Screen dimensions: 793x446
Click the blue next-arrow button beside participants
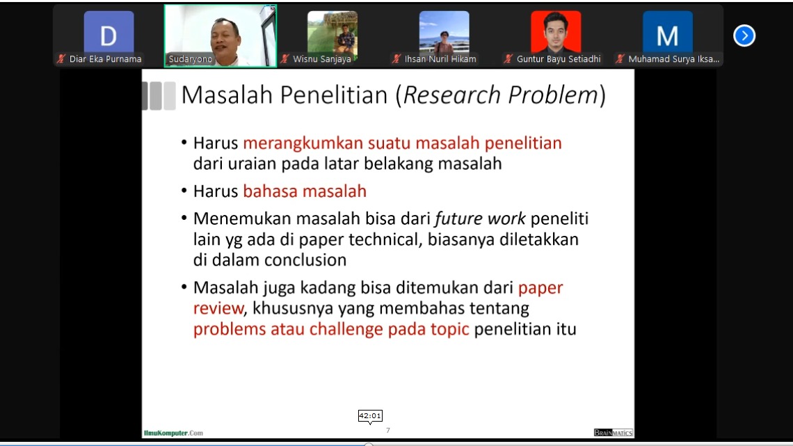(744, 35)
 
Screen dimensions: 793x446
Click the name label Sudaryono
(190, 58)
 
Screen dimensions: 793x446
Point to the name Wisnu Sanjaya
(321, 59)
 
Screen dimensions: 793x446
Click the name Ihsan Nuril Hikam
(440, 59)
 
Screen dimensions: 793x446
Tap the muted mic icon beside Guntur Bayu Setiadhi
(508, 59)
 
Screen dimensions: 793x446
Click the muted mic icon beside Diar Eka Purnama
(61, 59)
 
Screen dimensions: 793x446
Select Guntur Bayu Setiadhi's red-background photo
(556, 31)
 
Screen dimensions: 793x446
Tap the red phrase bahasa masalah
(305, 191)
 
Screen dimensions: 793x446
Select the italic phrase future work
(480, 218)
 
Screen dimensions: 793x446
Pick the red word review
(218, 308)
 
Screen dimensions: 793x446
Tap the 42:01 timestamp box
(370, 415)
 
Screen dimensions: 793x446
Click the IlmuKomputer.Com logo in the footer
(173, 433)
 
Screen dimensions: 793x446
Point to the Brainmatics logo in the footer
(613, 432)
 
